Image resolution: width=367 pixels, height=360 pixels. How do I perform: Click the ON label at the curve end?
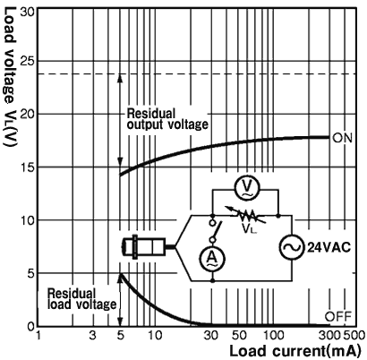[342, 138]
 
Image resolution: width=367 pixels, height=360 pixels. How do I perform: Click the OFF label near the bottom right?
[338, 316]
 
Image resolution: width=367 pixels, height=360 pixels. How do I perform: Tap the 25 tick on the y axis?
[27, 61]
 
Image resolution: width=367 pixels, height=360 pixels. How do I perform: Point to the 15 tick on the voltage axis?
[27, 167]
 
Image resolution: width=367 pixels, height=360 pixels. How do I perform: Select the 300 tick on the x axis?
[330, 335]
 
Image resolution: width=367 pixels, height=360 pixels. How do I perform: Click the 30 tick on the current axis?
[210, 335]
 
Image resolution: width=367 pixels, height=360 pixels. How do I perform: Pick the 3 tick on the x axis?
[93, 335]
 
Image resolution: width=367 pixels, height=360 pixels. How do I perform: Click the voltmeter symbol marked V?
[246, 188]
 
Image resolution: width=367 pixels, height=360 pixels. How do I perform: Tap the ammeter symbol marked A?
[212, 258]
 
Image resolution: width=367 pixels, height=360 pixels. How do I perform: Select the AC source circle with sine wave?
[292, 247]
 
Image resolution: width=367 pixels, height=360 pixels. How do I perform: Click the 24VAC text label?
[329, 247]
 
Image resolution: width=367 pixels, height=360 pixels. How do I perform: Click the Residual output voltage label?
[167, 119]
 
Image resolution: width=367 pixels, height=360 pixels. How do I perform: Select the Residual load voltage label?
[81, 299]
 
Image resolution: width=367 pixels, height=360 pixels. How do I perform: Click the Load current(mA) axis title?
[295, 351]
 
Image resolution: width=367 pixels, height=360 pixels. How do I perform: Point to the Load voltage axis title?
[10, 77]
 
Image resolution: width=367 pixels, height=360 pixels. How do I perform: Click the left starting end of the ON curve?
[120, 176]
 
